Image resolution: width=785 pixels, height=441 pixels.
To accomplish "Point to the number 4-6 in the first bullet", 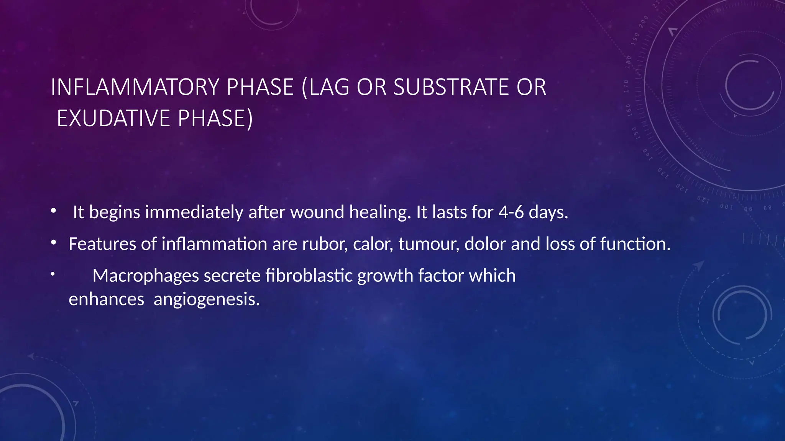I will [x=511, y=212].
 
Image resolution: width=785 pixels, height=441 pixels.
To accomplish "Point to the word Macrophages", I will [x=146, y=276].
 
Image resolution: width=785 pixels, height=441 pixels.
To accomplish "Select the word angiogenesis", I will [x=207, y=299].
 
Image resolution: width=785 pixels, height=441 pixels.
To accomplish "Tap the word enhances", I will [x=106, y=299].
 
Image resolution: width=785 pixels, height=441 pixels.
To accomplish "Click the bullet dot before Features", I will [x=54, y=242].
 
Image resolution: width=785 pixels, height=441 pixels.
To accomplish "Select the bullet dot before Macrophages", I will [x=53, y=273].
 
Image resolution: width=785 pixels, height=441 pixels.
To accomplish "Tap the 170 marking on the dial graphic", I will [x=626, y=87].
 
